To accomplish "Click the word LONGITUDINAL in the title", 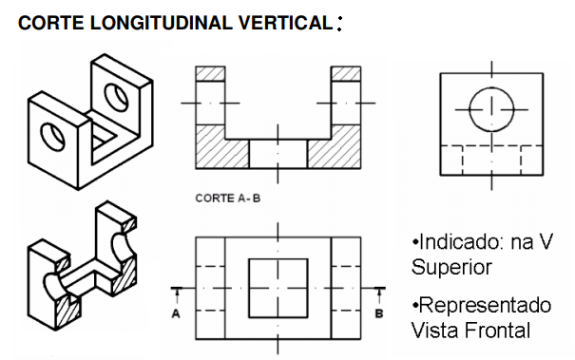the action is (162, 23).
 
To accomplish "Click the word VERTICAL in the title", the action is (285, 23).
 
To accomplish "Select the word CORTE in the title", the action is (51, 23).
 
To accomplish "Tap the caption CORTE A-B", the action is (228, 199).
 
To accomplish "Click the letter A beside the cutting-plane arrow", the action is (176, 313).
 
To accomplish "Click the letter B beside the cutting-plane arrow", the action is (379, 313).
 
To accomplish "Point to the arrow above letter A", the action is (177, 295).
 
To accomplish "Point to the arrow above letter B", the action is (379, 295).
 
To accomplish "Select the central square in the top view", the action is (249, 288).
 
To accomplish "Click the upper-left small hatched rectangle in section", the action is (210, 74).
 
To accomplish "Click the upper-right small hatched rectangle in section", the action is (346, 74).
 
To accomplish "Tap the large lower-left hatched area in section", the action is (217, 150).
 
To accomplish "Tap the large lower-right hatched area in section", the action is (339, 150).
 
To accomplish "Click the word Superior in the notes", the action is (451, 267).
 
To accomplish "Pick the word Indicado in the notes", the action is (463, 241).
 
